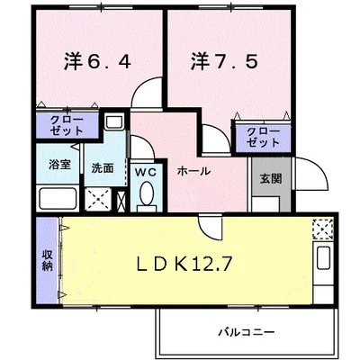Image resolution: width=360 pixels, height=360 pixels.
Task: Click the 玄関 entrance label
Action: [269, 178]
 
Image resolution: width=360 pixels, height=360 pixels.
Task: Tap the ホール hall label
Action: [193, 170]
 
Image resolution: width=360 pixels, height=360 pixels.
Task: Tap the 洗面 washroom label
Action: [100, 167]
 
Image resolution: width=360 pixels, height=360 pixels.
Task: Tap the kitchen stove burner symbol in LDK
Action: [321, 229]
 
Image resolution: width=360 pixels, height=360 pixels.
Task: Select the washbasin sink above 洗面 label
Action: [114, 121]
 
